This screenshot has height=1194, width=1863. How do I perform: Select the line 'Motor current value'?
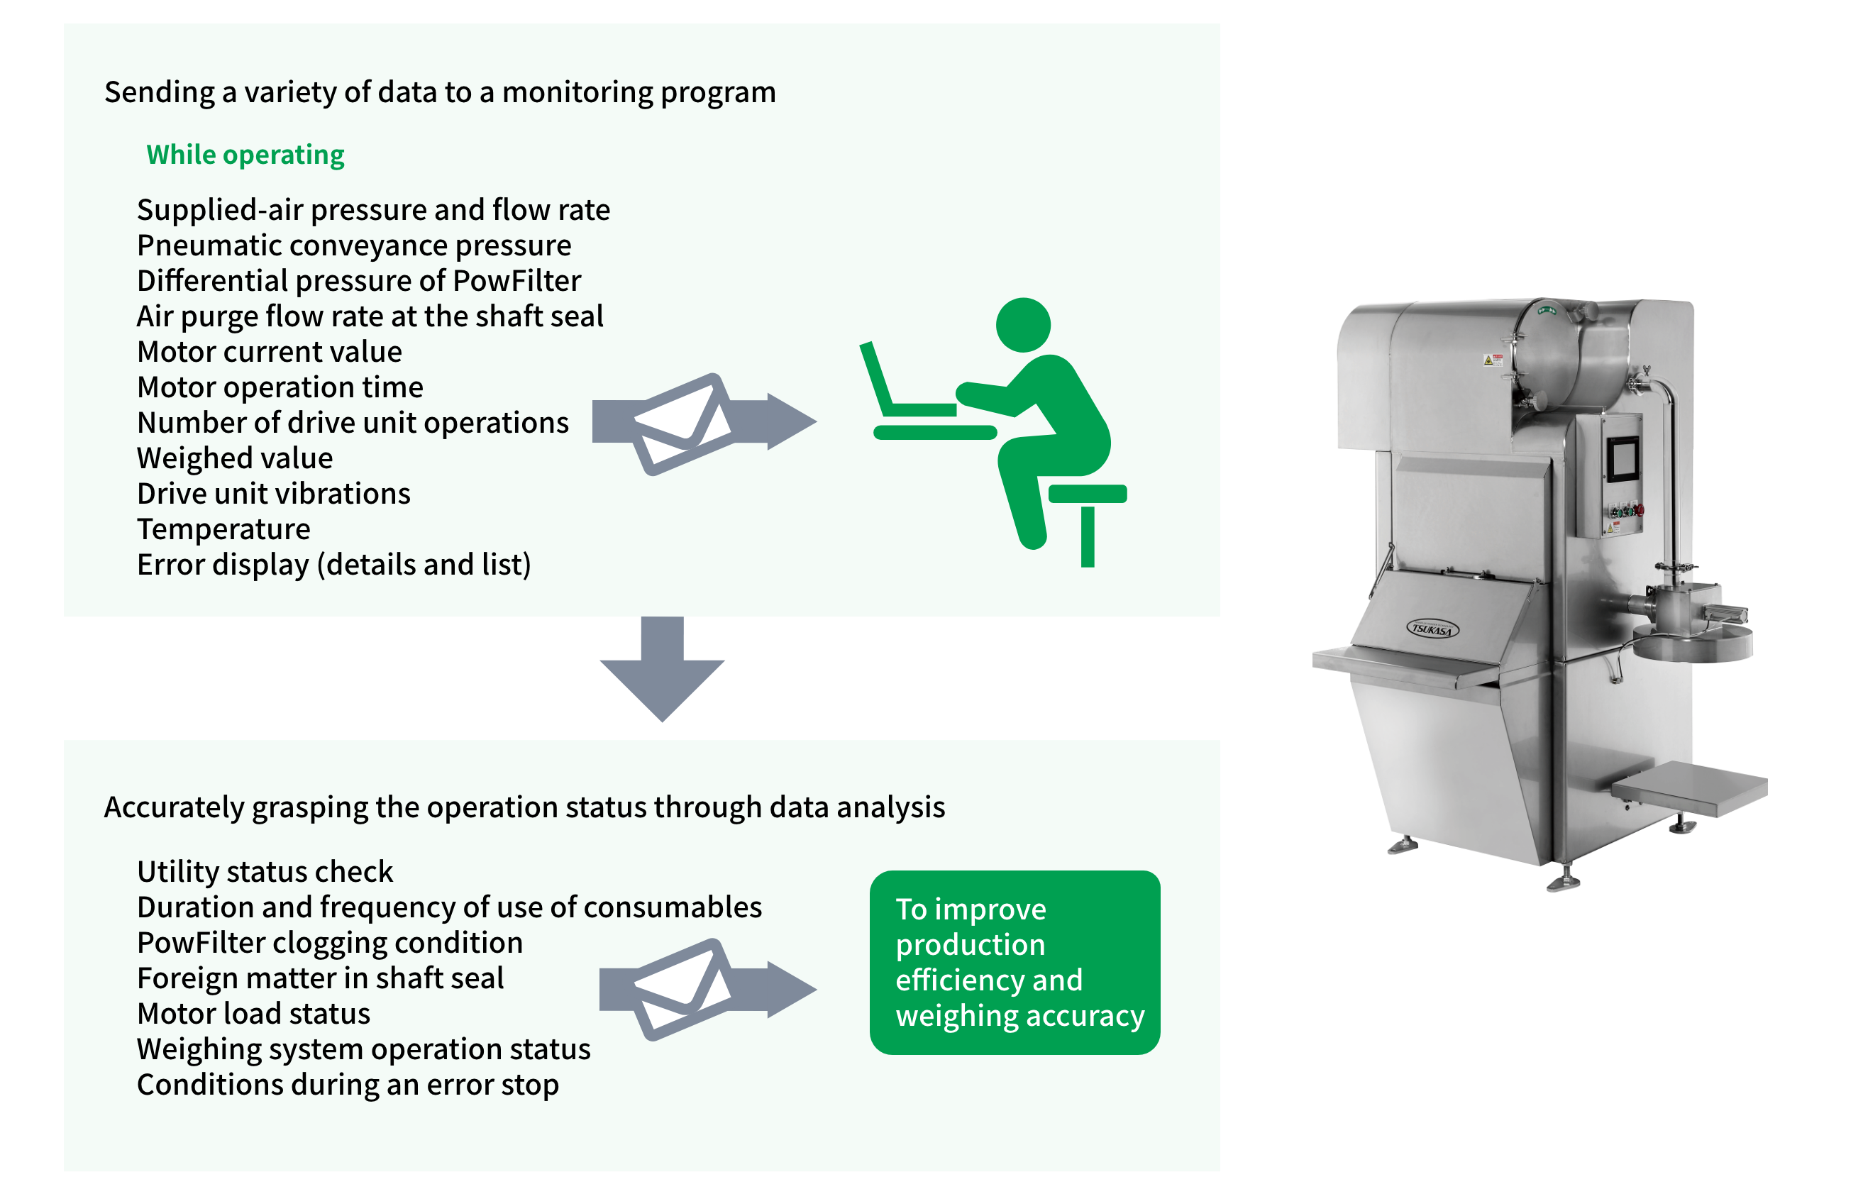pyautogui.click(x=269, y=352)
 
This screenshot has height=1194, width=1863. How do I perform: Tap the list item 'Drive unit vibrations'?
pyautogui.click(x=273, y=494)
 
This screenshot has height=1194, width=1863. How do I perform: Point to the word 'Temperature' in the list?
pyautogui.click(x=223, y=529)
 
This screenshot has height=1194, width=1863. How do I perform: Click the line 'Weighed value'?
pyautogui.click(x=234, y=458)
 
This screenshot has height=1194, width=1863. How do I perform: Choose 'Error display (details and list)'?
pyautogui.click(x=333, y=565)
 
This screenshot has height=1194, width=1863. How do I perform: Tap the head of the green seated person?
pyautogui.click(x=1022, y=324)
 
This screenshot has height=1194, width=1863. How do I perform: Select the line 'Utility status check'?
pyautogui.click(x=265, y=872)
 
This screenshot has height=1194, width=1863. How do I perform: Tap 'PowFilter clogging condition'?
pyautogui.click(x=329, y=944)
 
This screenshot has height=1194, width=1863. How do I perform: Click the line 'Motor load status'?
pyautogui.click(x=253, y=1014)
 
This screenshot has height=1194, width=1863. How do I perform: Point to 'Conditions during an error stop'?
pyautogui.click(x=348, y=1085)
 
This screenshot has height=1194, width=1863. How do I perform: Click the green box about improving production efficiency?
pyautogui.click(x=1014, y=962)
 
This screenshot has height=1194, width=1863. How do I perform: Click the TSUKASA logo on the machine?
pyautogui.click(x=1432, y=629)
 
